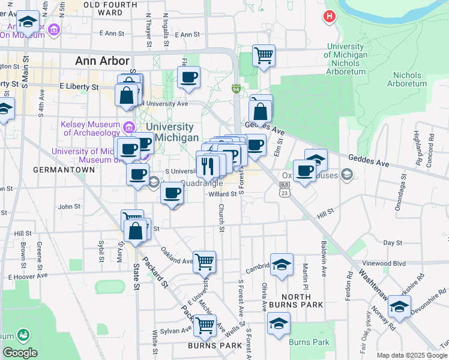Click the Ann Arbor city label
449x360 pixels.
point(103,61)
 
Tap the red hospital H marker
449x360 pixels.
point(329,16)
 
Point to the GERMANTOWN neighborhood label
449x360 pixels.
point(64,170)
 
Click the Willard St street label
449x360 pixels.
point(223,194)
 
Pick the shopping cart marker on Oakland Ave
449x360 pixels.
point(204,262)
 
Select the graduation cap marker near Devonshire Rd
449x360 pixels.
point(399,307)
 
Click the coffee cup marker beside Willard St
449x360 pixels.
point(172,193)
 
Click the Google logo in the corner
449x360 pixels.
point(20,352)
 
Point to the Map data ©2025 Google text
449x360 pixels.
point(412,355)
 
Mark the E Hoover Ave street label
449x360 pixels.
point(29,277)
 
